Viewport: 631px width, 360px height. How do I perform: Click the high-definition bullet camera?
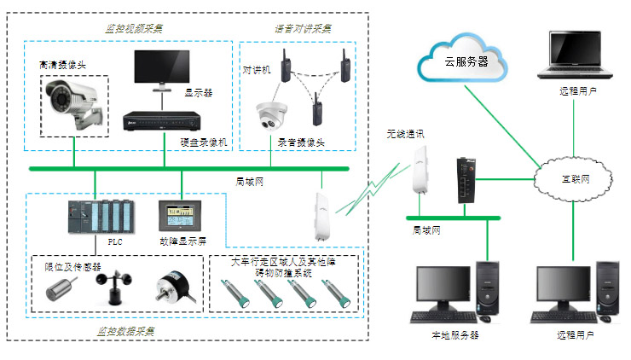coord(74,102)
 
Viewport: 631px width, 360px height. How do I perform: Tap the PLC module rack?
coord(100,218)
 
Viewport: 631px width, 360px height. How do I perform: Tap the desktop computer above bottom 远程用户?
coord(574,293)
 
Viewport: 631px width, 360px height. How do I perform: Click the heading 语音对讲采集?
coord(304,27)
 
